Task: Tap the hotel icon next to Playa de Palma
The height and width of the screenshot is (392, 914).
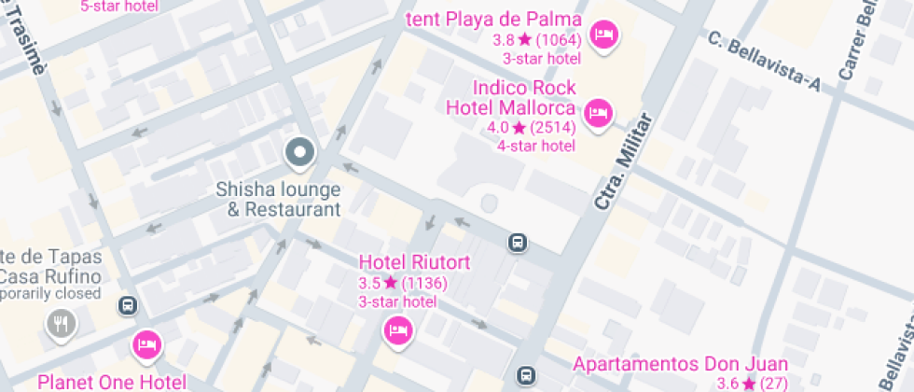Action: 606,35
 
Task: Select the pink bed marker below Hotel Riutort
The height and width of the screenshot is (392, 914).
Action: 398,329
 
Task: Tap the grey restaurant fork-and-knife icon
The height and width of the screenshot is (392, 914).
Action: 62,324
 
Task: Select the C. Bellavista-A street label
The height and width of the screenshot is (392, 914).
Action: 763,63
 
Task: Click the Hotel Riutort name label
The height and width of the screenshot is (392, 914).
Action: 415,262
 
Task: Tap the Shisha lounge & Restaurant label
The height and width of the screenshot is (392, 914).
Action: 278,199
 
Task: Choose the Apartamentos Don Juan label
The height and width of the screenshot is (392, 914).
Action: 680,364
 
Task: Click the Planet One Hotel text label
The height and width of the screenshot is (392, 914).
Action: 111,382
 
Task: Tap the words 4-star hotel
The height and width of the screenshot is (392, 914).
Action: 535,146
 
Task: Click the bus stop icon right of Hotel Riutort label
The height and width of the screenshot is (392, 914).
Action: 516,243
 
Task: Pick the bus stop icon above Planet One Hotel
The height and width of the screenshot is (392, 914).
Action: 128,305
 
